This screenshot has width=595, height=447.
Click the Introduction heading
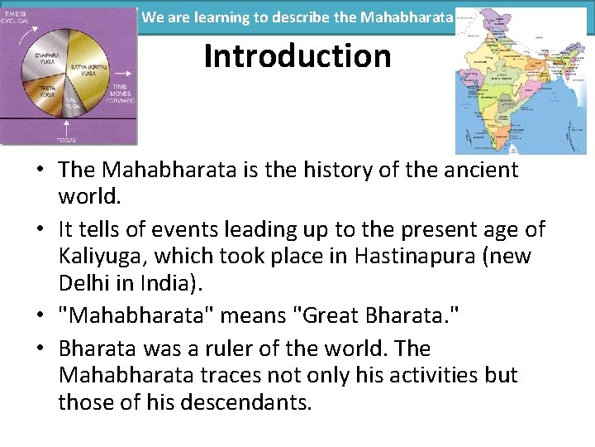click(297, 56)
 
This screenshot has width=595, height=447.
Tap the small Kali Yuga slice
click(75, 104)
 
